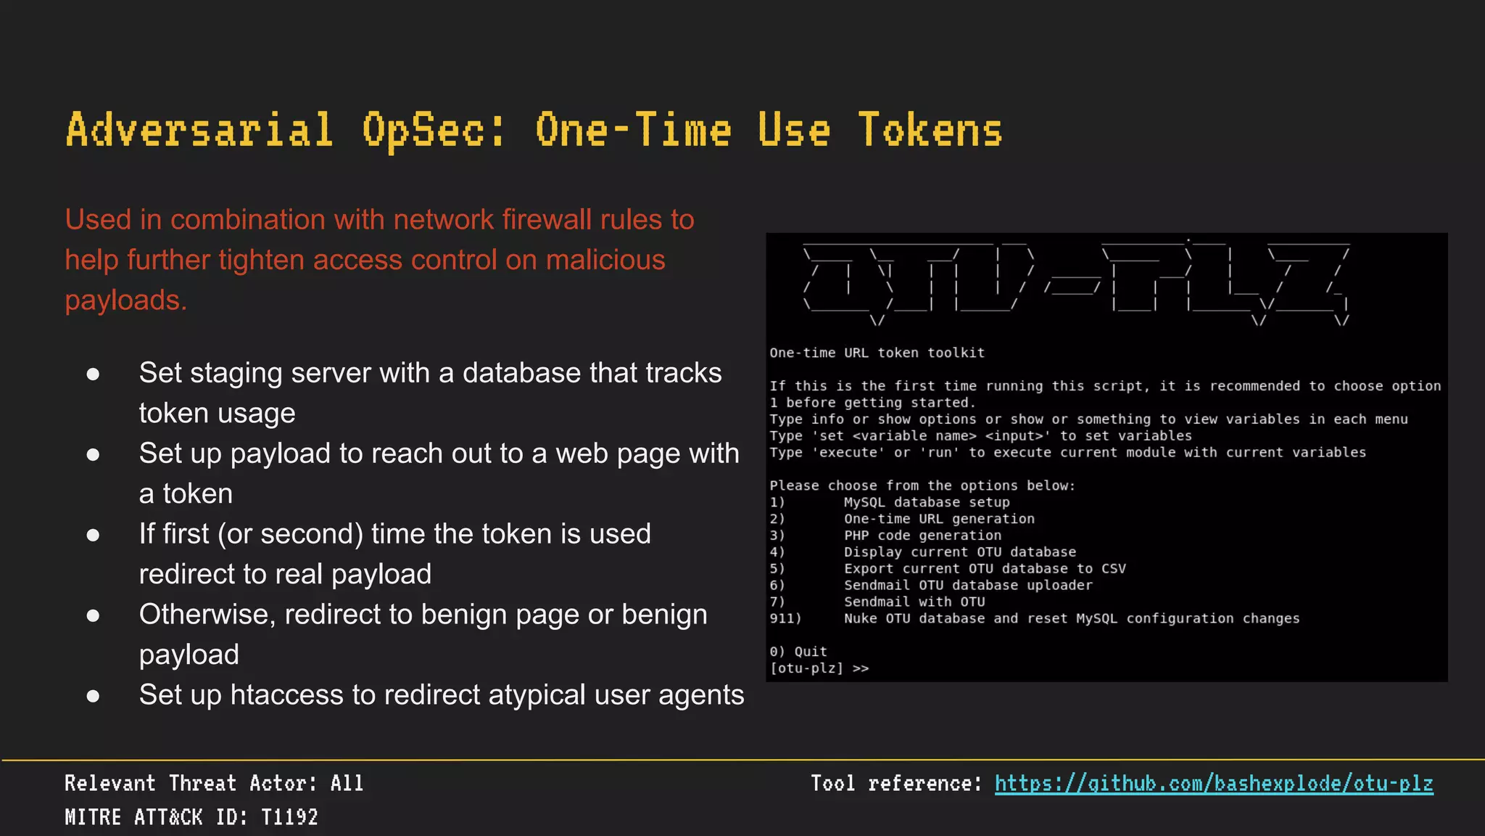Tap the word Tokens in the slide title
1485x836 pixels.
[x=930, y=131]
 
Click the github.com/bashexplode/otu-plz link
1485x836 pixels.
[x=1213, y=784]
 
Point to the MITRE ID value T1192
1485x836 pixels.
[x=289, y=817]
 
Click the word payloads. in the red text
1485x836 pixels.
[x=125, y=300]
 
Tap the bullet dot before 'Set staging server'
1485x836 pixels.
[x=93, y=374]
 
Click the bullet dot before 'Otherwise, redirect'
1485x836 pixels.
[x=93, y=615]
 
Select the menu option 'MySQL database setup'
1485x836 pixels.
[x=926, y=502]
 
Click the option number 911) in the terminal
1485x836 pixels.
[x=785, y=618]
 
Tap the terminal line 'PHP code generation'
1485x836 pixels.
[x=922, y=536]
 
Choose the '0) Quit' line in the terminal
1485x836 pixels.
[x=798, y=652]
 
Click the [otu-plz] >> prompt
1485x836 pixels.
[x=819, y=668]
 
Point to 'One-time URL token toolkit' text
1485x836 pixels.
[x=877, y=353]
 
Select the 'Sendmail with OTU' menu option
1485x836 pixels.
[x=914, y=602]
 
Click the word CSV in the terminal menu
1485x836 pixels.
[x=1113, y=568]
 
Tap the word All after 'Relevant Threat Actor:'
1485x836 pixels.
[x=347, y=784]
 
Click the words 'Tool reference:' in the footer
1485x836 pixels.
[x=895, y=784]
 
